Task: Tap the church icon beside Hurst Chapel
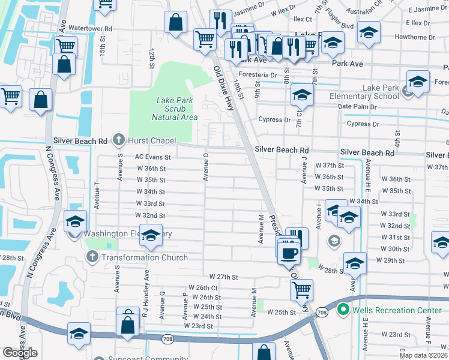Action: pyautogui.click(x=119, y=140)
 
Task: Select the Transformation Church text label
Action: pyautogui.click(x=144, y=257)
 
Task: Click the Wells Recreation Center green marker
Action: pyautogui.click(x=343, y=310)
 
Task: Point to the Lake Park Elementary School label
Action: pyautogui.click(x=364, y=92)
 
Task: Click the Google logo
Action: pyautogui.click(x=20, y=353)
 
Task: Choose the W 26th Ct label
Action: pyautogui.click(x=202, y=288)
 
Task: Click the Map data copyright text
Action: pyautogui.click(x=423, y=355)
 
